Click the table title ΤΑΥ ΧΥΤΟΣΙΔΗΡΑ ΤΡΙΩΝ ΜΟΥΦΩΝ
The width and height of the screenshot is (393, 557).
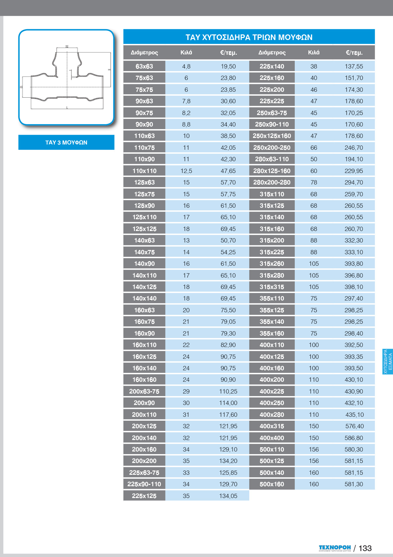(x=249, y=37)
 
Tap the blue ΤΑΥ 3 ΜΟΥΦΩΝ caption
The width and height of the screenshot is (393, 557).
(x=66, y=143)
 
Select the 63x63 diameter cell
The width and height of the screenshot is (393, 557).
(x=144, y=66)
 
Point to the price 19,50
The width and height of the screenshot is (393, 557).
(x=228, y=66)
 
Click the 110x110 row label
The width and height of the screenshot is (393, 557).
(x=144, y=171)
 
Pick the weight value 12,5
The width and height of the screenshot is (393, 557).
(x=186, y=171)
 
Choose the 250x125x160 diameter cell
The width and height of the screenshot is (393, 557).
(x=271, y=136)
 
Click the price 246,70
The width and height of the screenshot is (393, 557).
(x=354, y=148)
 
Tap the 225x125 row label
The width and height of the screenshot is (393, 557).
(x=144, y=496)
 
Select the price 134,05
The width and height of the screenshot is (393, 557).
(x=228, y=496)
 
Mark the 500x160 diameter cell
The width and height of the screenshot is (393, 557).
(x=271, y=484)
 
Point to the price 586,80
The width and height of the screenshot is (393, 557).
(x=354, y=438)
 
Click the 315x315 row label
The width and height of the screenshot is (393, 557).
(x=271, y=287)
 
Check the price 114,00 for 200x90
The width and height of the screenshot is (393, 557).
(x=228, y=403)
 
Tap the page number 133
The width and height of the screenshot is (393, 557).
(x=365, y=548)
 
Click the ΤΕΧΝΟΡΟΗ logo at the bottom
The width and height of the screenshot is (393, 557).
(x=335, y=548)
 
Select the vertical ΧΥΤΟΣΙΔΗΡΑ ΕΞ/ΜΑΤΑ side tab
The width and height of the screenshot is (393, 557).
(x=387, y=361)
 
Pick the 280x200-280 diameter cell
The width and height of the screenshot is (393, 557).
(x=271, y=182)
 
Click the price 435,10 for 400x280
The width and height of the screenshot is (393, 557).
(x=354, y=414)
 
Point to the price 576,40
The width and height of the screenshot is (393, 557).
(x=354, y=426)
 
